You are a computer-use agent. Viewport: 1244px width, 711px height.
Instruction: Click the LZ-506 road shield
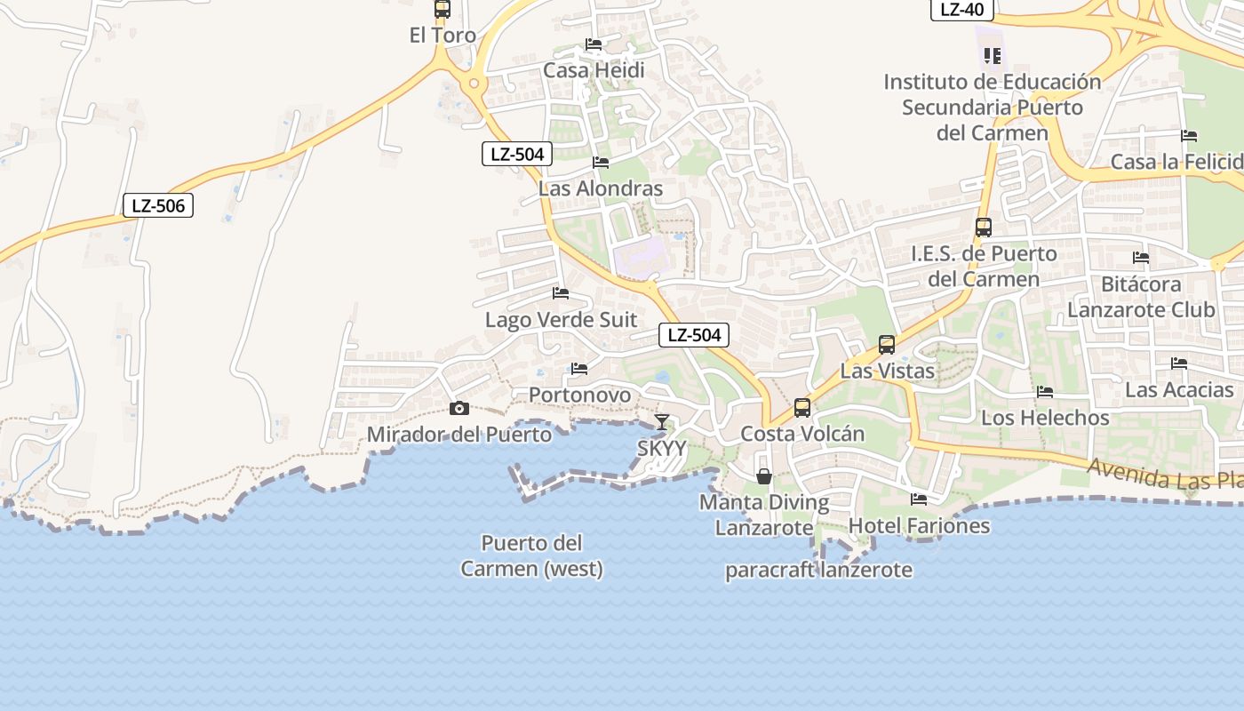158,206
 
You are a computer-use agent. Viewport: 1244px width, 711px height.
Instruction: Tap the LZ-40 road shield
961,10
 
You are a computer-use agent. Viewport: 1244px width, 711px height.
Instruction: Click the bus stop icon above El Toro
442,10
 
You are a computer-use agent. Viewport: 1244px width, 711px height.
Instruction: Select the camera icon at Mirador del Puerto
459,408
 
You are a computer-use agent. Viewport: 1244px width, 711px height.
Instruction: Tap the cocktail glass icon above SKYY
662,421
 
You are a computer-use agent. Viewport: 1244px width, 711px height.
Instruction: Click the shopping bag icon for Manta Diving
764,476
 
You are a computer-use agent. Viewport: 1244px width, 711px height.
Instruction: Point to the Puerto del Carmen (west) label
531,555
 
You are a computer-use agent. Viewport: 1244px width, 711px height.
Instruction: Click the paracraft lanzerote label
818,570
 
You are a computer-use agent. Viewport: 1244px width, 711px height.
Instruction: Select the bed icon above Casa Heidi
594,44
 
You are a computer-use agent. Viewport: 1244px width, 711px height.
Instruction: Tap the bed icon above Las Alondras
601,163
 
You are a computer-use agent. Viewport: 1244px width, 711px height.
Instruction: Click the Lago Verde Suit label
561,319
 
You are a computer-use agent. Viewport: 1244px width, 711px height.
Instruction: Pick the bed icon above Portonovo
579,368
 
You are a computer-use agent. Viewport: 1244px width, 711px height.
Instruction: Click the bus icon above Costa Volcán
802,408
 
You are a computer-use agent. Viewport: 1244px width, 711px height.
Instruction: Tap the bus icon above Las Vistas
887,345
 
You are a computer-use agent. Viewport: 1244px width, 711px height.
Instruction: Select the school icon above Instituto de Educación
993,56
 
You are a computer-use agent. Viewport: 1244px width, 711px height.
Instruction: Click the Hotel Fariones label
919,525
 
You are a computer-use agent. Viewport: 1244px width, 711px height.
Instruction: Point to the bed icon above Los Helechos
1045,391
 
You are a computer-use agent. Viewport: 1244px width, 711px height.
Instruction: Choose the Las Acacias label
1179,389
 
